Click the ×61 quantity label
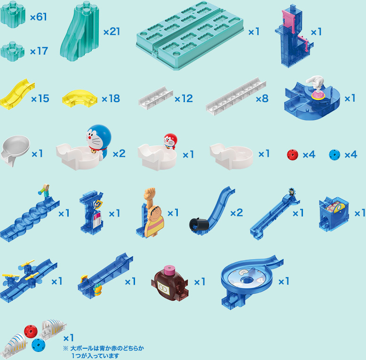(39, 17)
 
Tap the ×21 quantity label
(111, 32)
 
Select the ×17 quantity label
(39, 51)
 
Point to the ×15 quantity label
(40, 98)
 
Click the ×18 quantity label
(111, 98)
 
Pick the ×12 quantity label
(183, 99)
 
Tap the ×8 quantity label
(262, 98)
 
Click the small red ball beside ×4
(293, 155)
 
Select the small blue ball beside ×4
(334, 155)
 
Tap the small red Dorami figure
(170, 141)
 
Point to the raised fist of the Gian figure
(150, 193)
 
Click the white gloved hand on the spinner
(315, 82)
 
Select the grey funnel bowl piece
(15, 150)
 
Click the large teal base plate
(190, 35)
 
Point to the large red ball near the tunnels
(31, 331)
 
